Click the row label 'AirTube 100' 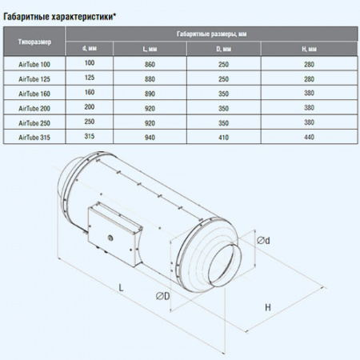tap(34, 62)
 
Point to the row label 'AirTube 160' tap(34, 93)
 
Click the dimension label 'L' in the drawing tap(119, 286)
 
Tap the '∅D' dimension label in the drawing tap(162, 297)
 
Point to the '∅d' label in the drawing tap(262, 240)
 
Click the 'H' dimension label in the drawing tap(268, 307)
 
